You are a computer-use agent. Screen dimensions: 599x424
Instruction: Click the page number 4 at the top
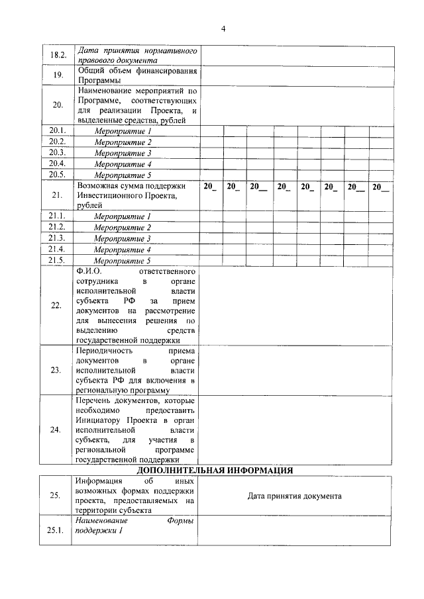point(223,28)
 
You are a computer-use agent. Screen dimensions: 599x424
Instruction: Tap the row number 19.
point(56,75)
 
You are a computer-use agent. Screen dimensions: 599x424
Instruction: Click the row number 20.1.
point(56,131)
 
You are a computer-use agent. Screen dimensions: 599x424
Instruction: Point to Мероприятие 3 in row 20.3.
point(123,153)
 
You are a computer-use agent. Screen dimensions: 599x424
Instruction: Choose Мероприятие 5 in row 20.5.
point(123,175)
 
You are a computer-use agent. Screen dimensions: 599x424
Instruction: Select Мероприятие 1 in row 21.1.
point(123,217)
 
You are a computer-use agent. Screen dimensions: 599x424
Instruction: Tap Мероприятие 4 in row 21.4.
point(123,250)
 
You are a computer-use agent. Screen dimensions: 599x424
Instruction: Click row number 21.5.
point(56,260)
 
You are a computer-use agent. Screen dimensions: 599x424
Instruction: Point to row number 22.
point(56,306)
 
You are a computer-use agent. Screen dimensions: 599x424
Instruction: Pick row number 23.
point(56,370)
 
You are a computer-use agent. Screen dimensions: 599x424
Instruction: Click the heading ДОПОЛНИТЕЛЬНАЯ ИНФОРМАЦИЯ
point(215,470)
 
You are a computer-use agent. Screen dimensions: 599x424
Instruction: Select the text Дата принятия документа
point(295,496)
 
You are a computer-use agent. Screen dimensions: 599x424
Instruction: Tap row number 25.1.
point(56,535)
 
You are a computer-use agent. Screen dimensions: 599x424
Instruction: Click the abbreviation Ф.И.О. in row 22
point(90,272)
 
